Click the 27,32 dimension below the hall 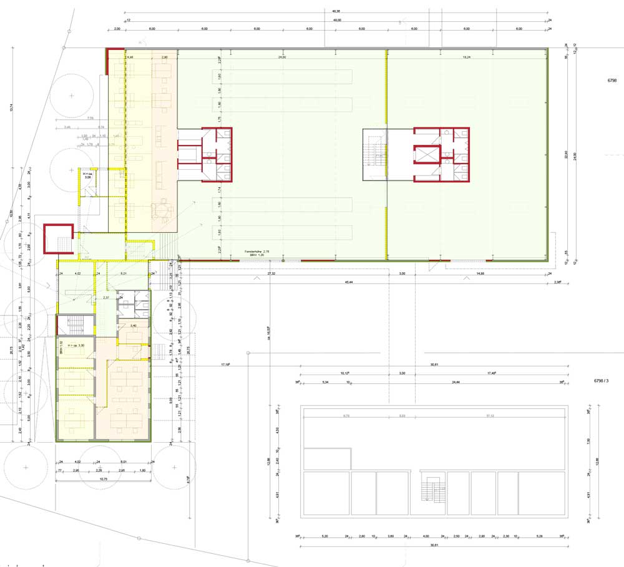tap(271, 274)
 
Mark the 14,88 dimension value tap(497, 274)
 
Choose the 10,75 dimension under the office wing tap(104, 479)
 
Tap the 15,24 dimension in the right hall tap(467, 57)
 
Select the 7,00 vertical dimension tap(588, 441)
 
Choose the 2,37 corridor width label tap(107, 298)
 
